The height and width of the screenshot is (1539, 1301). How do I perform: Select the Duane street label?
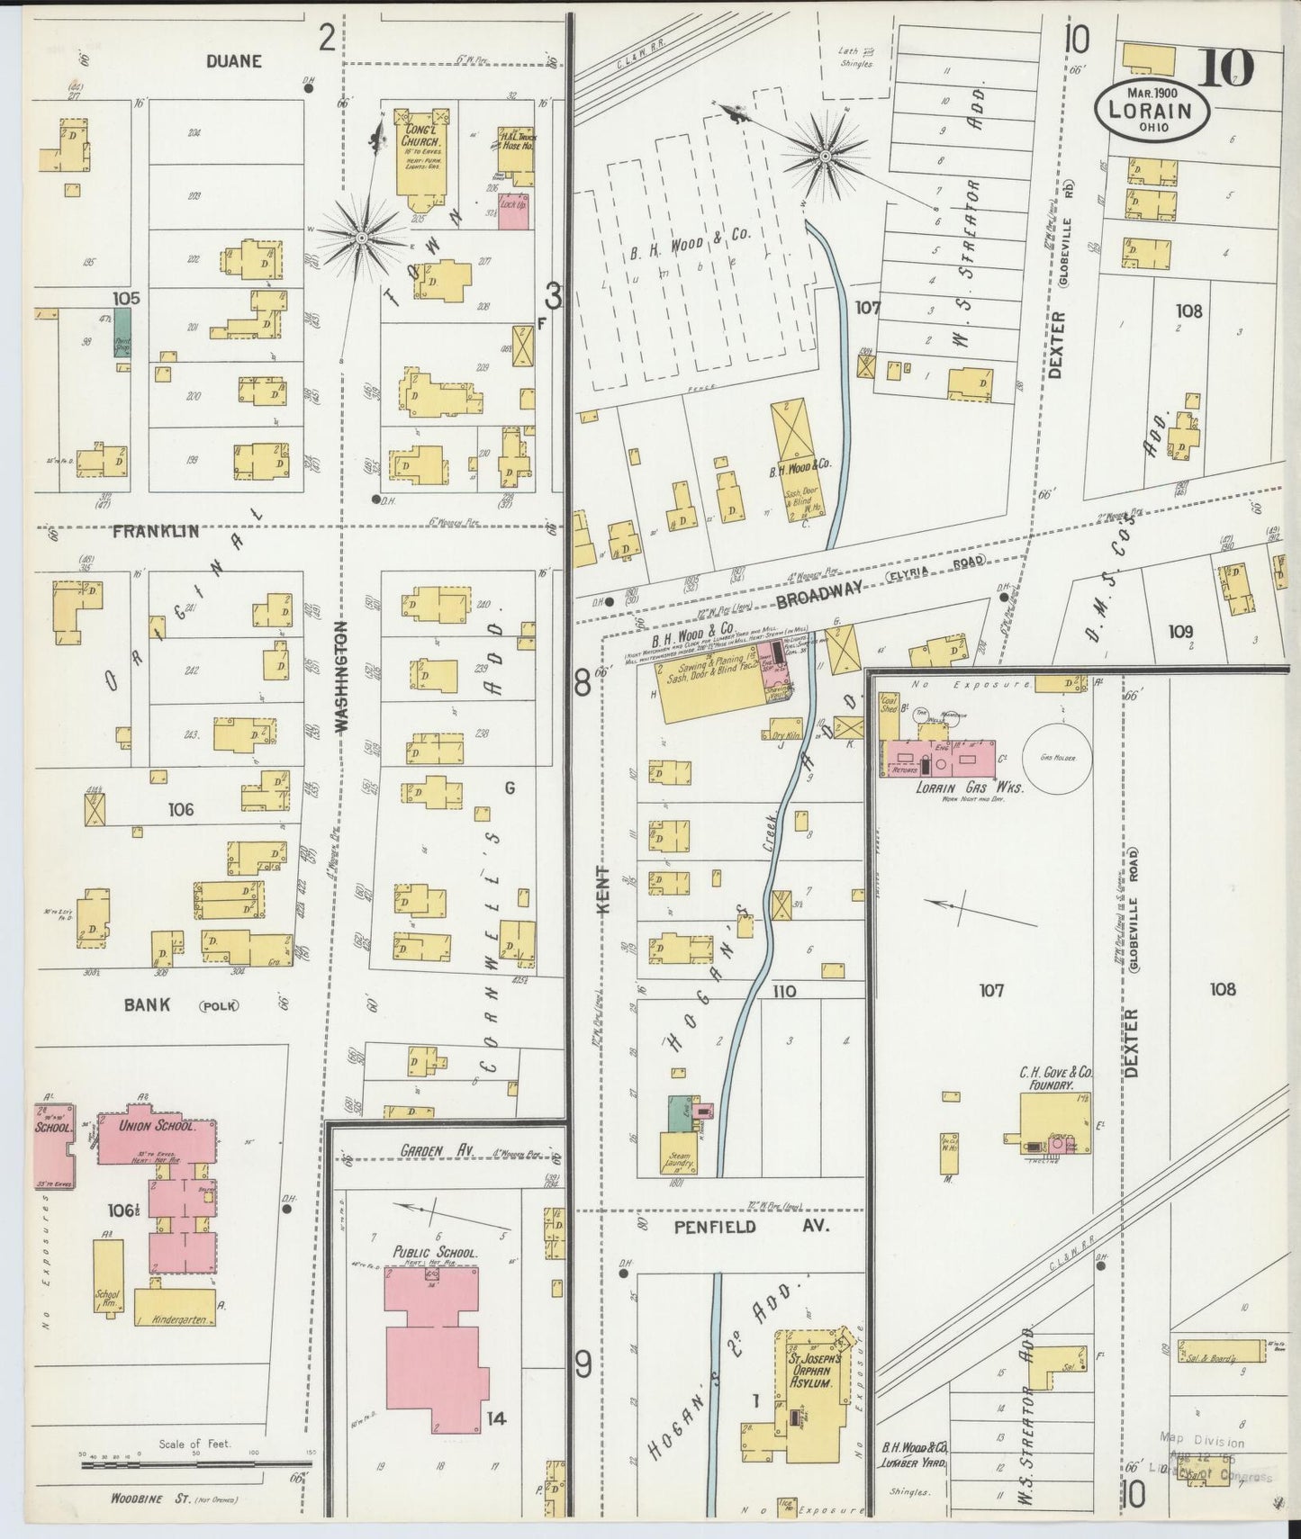[x=232, y=61]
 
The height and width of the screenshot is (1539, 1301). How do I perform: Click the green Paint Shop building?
[x=122, y=333]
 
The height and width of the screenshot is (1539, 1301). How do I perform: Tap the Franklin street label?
[x=155, y=532]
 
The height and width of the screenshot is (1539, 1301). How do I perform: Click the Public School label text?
[x=434, y=1253]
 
